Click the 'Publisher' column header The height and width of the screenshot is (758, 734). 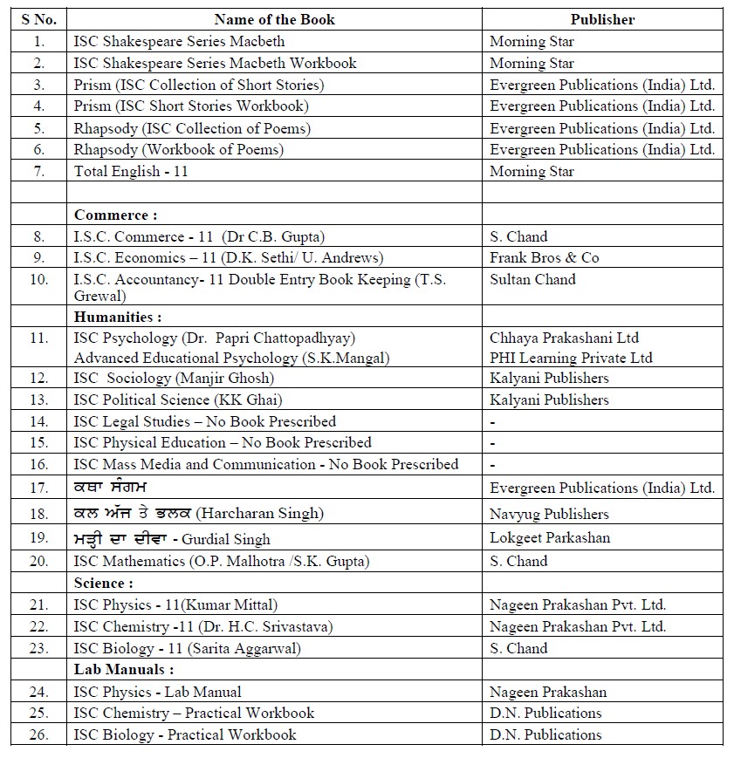(x=602, y=19)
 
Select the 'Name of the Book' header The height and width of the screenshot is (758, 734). (x=274, y=19)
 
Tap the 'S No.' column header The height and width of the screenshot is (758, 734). (x=38, y=19)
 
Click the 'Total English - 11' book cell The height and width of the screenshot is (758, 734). (x=131, y=172)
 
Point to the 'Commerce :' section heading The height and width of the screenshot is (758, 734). (x=116, y=215)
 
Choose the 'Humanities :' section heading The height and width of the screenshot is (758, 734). (x=118, y=317)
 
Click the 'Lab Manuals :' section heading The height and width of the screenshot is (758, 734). (x=124, y=670)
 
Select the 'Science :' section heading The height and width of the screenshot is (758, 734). (x=104, y=583)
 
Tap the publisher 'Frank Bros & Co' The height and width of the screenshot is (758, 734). (x=545, y=258)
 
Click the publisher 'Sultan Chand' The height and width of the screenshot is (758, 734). (x=532, y=280)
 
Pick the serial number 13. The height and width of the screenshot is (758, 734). (x=38, y=399)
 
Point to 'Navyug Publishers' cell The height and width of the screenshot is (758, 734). (x=549, y=514)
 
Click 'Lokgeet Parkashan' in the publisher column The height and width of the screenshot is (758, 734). (x=550, y=537)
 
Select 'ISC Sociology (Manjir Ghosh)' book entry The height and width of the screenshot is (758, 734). (x=174, y=378)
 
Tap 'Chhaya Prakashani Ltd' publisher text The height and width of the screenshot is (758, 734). (x=564, y=338)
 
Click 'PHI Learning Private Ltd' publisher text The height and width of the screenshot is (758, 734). (x=571, y=358)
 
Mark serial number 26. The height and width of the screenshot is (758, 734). (x=38, y=734)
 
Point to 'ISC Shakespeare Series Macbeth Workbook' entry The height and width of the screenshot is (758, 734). (x=216, y=63)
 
